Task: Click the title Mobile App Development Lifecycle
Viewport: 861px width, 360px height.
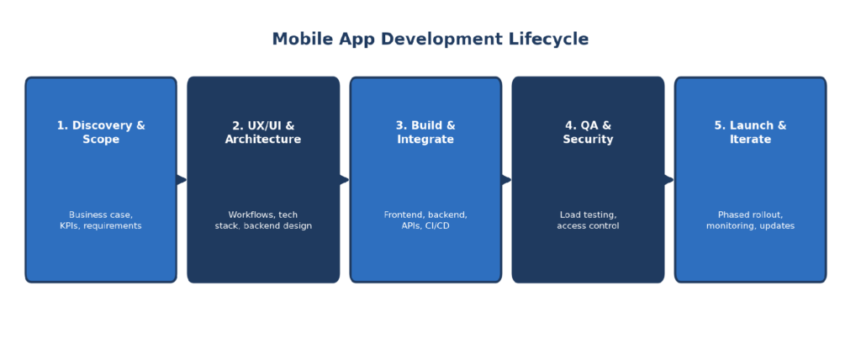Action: pyautogui.click(x=430, y=40)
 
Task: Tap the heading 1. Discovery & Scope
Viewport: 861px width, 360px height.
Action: pyautogui.click(x=101, y=132)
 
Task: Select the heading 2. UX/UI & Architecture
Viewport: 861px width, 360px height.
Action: pyautogui.click(x=263, y=132)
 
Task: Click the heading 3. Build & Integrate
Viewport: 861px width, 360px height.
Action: pyautogui.click(x=425, y=132)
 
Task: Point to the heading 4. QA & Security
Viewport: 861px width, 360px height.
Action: pyautogui.click(x=588, y=132)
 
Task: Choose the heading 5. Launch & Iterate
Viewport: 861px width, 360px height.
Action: pyautogui.click(x=750, y=132)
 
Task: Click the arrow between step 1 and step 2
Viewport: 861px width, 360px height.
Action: pyautogui.click(x=182, y=180)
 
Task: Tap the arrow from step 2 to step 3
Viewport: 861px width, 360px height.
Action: pyautogui.click(x=344, y=180)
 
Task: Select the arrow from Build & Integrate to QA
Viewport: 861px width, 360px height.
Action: pyautogui.click(x=506, y=180)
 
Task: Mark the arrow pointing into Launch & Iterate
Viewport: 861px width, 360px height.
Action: pyautogui.click(x=668, y=180)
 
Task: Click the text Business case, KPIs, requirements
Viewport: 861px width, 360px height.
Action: pyautogui.click(x=101, y=220)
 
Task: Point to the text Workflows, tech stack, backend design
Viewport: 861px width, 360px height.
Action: pyautogui.click(x=263, y=220)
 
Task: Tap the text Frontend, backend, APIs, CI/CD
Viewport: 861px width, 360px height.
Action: pyautogui.click(x=425, y=220)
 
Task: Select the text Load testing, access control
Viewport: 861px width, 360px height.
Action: pyautogui.click(x=588, y=220)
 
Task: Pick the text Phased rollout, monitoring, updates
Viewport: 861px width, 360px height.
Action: pyautogui.click(x=750, y=220)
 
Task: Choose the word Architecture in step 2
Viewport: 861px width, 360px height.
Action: pyautogui.click(x=263, y=140)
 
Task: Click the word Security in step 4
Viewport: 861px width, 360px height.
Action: pyautogui.click(x=588, y=140)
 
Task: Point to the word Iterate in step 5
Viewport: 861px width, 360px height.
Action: pyautogui.click(x=750, y=140)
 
